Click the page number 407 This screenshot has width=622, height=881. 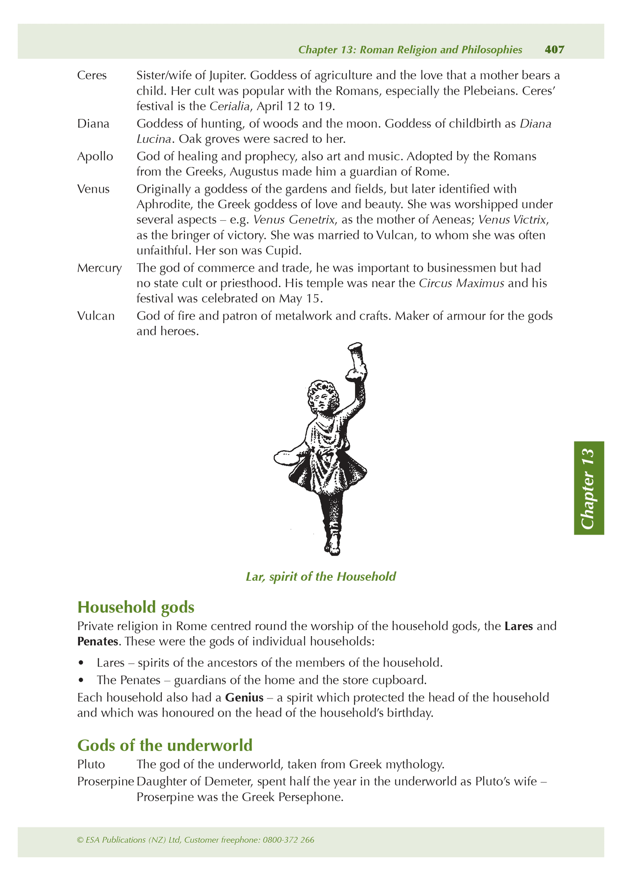[554, 50]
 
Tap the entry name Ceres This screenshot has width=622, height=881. [92, 75]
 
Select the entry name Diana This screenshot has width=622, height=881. [93, 124]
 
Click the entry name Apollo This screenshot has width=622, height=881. [95, 156]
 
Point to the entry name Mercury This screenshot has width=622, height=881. [99, 268]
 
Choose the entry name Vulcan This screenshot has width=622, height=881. [96, 316]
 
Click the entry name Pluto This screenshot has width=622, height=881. [91, 764]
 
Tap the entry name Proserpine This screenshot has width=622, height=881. [105, 781]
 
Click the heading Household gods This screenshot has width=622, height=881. [136, 607]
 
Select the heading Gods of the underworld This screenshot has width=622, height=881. [164, 745]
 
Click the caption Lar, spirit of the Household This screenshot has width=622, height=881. [321, 576]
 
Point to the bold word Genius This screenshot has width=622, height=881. [244, 697]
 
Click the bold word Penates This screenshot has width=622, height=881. [98, 642]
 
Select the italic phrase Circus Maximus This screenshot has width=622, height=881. [461, 284]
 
